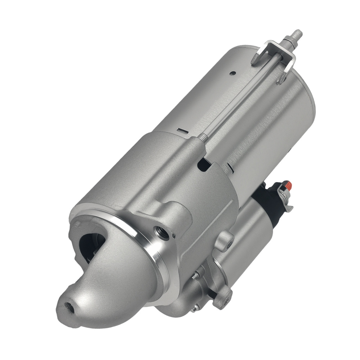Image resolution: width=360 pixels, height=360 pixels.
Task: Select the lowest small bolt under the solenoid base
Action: (x=195, y=308)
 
